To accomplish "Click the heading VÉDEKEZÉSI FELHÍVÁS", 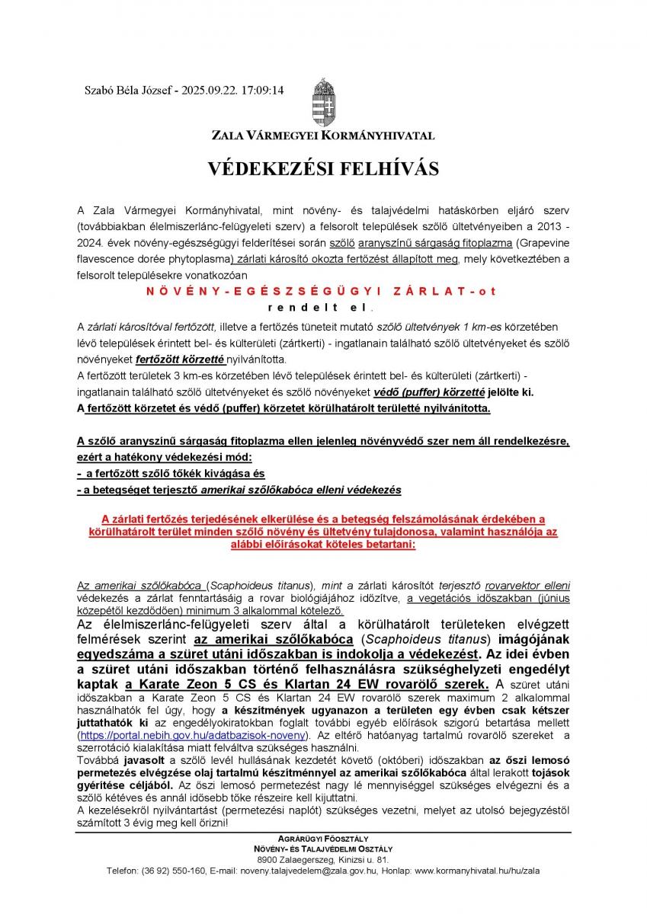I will (323, 168).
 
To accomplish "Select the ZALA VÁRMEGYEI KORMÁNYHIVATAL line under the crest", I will (323, 136).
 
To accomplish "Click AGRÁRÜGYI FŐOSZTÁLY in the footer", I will (323, 837).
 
